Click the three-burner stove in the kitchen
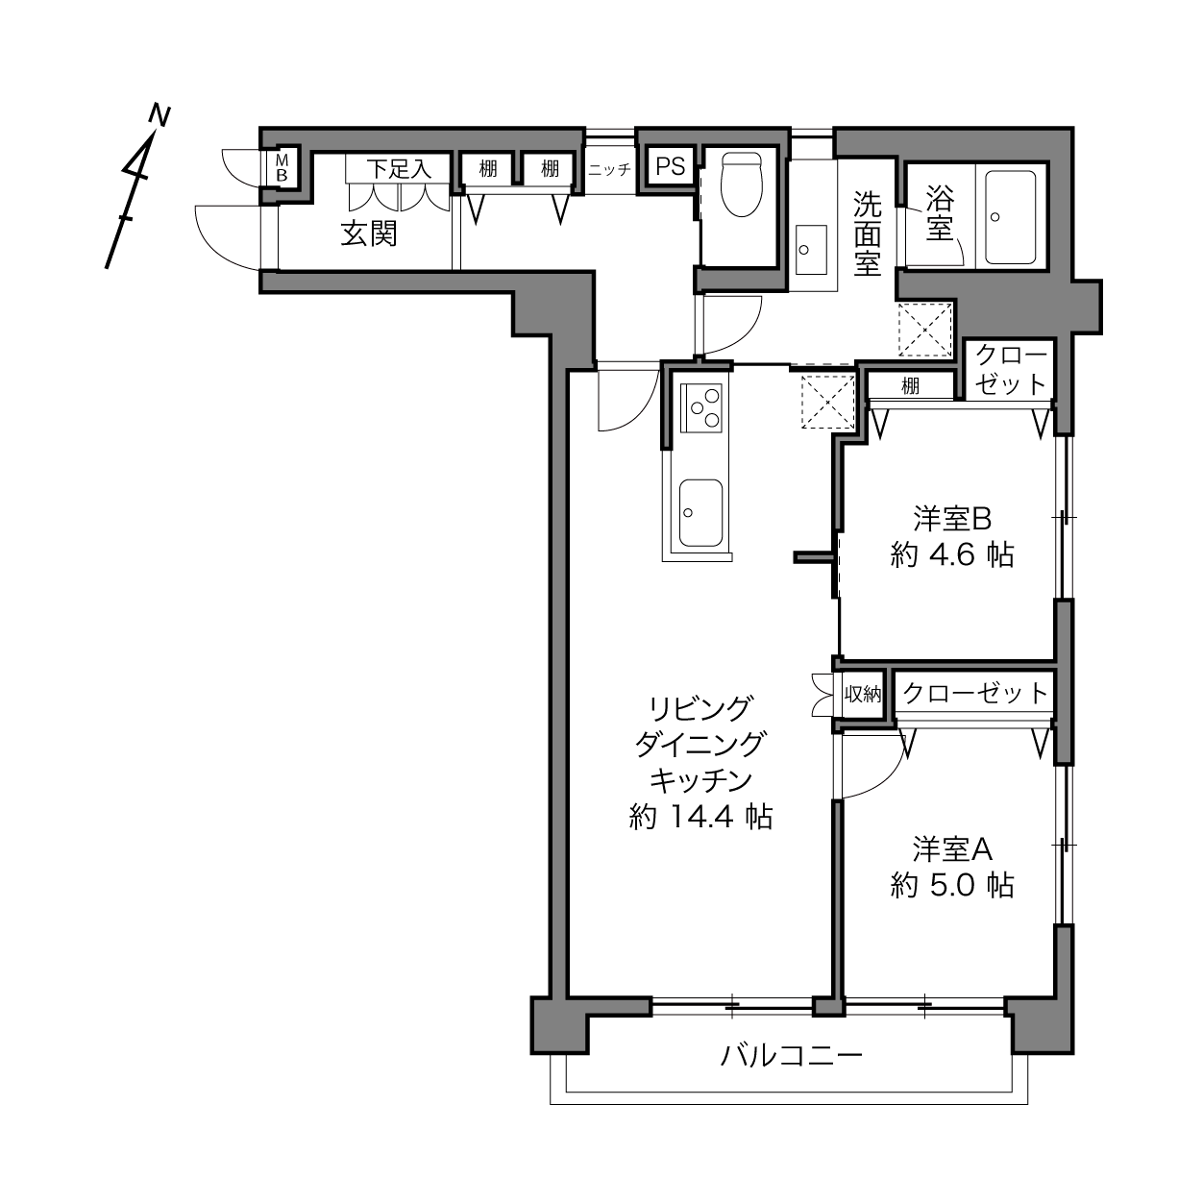pyautogui.click(x=701, y=407)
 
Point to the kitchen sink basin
pyautogui.click(x=700, y=512)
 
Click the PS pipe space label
pyautogui.click(x=670, y=166)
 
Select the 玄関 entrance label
pyautogui.click(x=369, y=234)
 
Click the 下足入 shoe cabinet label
pyautogui.click(x=399, y=168)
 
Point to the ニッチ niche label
pyautogui.click(x=610, y=169)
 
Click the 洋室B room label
pyautogui.click(x=952, y=519)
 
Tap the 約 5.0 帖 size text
pyautogui.click(x=952, y=885)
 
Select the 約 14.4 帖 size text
pyautogui.click(x=701, y=816)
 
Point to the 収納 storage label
pyautogui.click(x=863, y=694)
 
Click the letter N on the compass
pyautogui.click(x=160, y=116)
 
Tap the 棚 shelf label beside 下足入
pyautogui.click(x=488, y=168)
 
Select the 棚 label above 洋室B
pyautogui.click(x=910, y=386)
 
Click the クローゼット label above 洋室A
pyautogui.click(x=975, y=693)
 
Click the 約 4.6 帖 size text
pyautogui.click(x=952, y=554)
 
